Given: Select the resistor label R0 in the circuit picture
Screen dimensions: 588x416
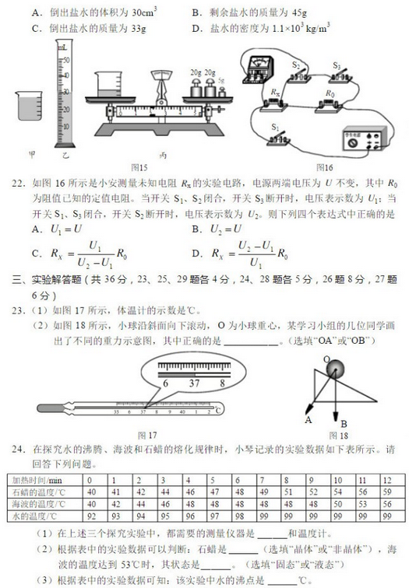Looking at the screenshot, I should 330,93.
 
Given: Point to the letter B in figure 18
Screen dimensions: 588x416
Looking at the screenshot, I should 344,425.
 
